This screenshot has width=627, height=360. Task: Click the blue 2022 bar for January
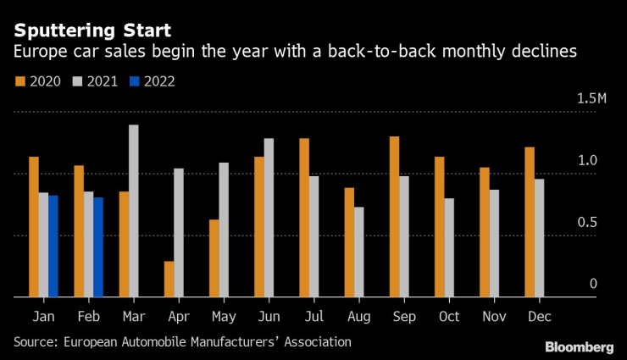pyautogui.click(x=53, y=246)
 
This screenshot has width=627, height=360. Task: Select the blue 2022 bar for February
pyautogui.click(x=98, y=247)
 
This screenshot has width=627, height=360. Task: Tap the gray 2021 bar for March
pyautogui.click(x=133, y=211)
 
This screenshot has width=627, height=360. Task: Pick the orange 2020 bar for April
pyautogui.click(x=169, y=280)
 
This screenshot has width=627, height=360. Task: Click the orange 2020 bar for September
pyautogui.click(x=394, y=217)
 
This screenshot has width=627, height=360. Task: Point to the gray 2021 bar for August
pyautogui.click(x=358, y=252)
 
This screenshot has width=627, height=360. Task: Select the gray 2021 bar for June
pyautogui.click(x=269, y=218)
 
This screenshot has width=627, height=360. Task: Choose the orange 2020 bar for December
pyautogui.click(x=530, y=222)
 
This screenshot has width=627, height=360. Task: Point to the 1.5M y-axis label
pyautogui.click(x=592, y=100)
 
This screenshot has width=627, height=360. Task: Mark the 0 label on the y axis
pyautogui.click(x=594, y=284)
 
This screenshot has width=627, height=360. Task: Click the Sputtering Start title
pyautogui.click(x=92, y=30)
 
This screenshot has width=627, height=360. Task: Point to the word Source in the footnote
pyautogui.click(x=36, y=341)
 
